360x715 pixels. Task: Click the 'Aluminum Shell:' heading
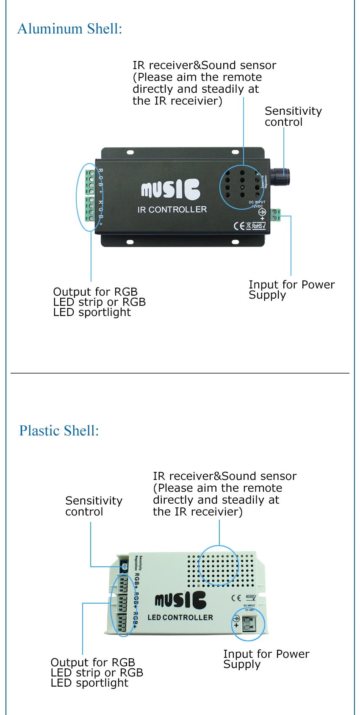pyautogui.click(x=70, y=29)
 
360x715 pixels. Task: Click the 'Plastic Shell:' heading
pyautogui.click(x=59, y=431)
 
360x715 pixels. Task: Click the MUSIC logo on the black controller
pyautogui.click(x=171, y=189)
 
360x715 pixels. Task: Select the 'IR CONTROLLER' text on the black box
pyautogui.click(x=172, y=210)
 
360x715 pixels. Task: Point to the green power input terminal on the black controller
pyautogui.click(x=276, y=215)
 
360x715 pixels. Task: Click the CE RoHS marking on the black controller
pyautogui.click(x=250, y=226)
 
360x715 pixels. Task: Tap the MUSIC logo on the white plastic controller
pyautogui.click(x=180, y=600)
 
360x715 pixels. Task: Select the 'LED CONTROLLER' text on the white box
pyautogui.click(x=180, y=618)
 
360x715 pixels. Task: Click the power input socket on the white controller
pyautogui.click(x=249, y=623)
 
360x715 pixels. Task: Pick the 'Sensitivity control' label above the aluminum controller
pyautogui.click(x=293, y=116)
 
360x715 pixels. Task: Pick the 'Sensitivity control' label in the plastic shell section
pyautogui.click(x=94, y=506)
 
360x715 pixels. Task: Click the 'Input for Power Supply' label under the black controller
pyautogui.click(x=291, y=290)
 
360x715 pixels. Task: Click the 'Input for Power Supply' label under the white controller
pyautogui.click(x=266, y=659)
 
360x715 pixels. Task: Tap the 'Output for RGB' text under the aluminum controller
pyautogui.click(x=95, y=292)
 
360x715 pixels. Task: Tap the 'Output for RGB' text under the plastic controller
pyautogui.click(x=93, y=662)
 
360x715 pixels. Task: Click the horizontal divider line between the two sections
pyautogui.click(x=180, y=373)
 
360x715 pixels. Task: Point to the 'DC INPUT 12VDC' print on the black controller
pyautogui.click(x=257, y=204)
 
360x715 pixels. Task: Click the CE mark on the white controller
pyautogui.click(x=236, y=598)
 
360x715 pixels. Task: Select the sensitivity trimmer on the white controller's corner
pyautogui.click(x=125, y=566)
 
